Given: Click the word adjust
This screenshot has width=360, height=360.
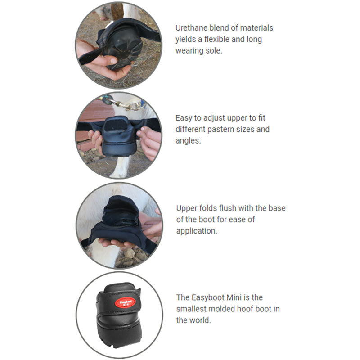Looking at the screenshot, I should coord(211,118).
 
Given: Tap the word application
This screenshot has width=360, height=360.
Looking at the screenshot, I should coord(196,231).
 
